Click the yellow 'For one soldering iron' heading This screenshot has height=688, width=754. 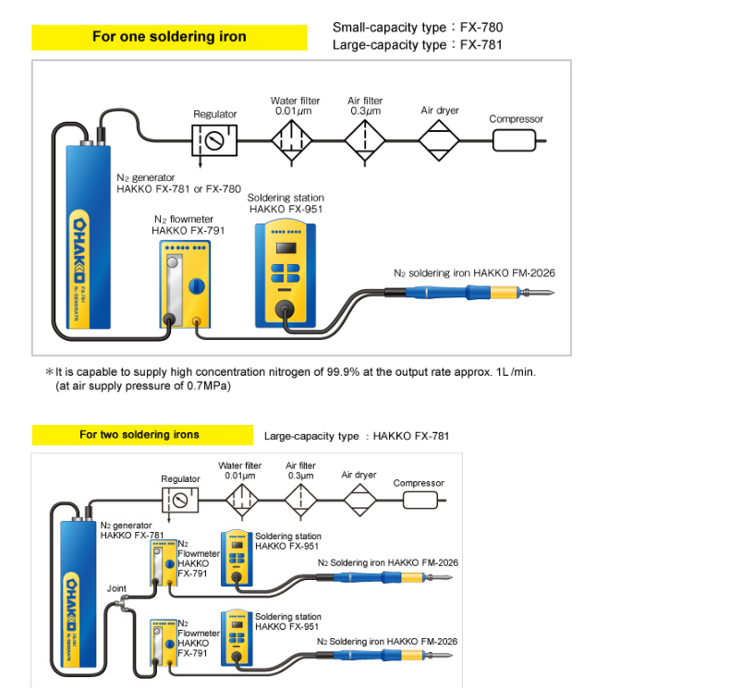tap(169, 37)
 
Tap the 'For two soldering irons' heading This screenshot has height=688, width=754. tap(142, 435)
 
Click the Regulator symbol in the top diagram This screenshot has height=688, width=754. tap(214, 140)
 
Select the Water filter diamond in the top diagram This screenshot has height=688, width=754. tap(291, 140)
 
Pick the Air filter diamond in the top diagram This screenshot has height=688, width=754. tap(365, 140)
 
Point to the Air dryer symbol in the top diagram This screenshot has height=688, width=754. tap(439, 140)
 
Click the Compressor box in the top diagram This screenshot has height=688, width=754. tap(514, 140)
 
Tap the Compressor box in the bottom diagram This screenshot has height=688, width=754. tap(420, 501)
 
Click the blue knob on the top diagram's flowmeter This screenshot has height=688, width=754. tap(196, 286)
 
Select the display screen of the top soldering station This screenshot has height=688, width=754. tap(286, 247)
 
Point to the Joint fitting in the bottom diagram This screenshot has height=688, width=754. tap(124, 603)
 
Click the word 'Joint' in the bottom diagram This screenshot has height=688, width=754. tap(116, 588)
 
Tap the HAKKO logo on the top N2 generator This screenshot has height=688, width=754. tap(79, 250)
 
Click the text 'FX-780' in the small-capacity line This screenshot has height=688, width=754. tap(481, 28)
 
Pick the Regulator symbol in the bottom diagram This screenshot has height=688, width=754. tap(180, 501)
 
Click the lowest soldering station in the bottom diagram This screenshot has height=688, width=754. tap(237, 638)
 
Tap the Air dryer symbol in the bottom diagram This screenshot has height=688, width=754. tap(359, 501)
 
